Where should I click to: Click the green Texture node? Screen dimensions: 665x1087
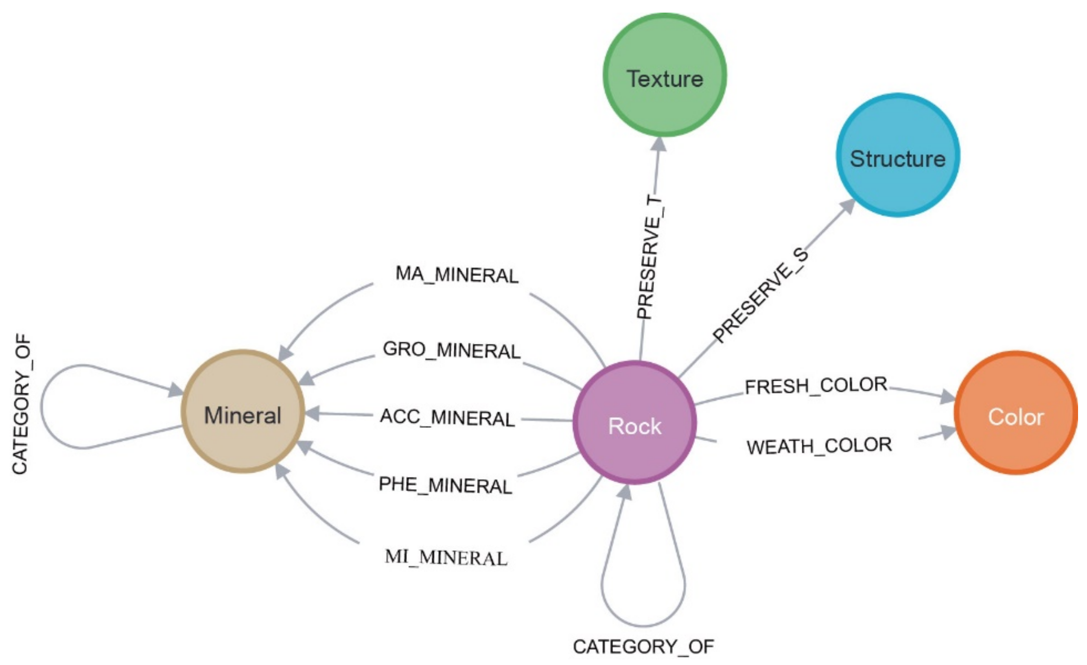665,75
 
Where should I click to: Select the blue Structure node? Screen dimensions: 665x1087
898,155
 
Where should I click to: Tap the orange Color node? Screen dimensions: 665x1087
1015,413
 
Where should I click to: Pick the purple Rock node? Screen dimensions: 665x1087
634,422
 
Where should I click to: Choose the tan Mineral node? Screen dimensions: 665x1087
243,411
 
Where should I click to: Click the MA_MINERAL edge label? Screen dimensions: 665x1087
457,274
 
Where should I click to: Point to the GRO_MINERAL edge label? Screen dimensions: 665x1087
451,350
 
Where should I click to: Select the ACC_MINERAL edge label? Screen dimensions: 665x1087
447,418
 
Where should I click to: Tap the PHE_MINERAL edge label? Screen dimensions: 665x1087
445,485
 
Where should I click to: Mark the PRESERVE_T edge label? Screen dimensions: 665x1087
650,257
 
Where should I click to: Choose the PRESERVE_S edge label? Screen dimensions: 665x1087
761,295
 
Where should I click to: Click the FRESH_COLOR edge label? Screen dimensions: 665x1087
816,386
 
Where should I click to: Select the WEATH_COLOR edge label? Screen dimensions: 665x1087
819,446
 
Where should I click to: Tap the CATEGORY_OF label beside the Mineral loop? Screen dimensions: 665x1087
21,404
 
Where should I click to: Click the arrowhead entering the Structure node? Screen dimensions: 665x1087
847,206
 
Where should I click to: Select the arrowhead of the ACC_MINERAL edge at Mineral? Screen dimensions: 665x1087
312,413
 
